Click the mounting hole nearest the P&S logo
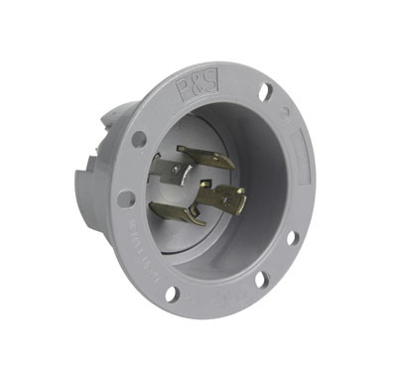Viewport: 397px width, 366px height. (265, 92)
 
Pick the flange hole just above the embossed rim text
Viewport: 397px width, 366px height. (126, 198)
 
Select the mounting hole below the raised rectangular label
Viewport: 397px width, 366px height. (291, 238)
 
